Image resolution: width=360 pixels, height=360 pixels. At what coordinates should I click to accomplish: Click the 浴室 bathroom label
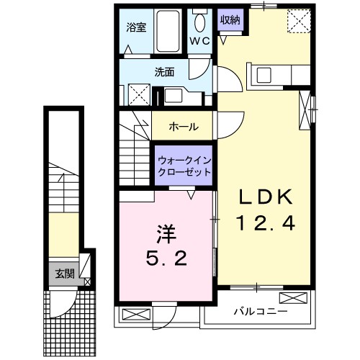(x=136, y=28)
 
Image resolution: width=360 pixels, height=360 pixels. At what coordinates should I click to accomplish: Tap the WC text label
(x=200, y=41)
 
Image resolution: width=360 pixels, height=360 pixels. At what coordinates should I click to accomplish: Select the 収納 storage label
(x=230, y=20)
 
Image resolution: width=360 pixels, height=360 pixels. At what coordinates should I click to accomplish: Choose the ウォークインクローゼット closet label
(x=184, y=166)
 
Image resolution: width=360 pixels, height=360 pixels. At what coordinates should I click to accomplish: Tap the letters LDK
(x=263, y=196)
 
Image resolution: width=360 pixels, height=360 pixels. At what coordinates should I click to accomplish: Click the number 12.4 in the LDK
(x=264, y=225)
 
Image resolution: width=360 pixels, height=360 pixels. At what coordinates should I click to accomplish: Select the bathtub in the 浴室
(x=169, y=30)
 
